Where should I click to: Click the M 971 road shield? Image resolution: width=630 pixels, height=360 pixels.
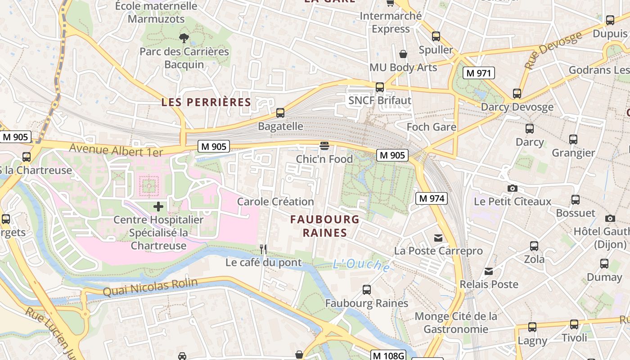coord(478,73)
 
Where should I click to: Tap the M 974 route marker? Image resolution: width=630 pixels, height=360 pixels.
coord(431,198)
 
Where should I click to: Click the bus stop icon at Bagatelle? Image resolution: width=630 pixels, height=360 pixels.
coord(280,113)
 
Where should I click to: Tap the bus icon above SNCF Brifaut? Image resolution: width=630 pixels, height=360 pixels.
coord(380,87)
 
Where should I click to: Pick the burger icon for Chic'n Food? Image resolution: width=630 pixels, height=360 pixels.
coord(324,146)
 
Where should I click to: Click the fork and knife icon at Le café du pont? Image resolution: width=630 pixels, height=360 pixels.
coord(264,248)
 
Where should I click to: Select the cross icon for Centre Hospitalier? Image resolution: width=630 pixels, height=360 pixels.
coord(158,207)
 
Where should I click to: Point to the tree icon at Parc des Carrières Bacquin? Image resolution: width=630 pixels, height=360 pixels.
coord(184,38)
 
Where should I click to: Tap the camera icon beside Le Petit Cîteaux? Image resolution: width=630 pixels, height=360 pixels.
coord(512,188)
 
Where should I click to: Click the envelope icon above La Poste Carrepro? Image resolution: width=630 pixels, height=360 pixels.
coord(438,238)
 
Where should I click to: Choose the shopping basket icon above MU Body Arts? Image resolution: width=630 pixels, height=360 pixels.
coord(403,54)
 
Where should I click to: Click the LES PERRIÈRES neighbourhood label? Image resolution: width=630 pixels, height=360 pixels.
coord(206,102)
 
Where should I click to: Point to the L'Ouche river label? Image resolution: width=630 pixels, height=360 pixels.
coord(361,265)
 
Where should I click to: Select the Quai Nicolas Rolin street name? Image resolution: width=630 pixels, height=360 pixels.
coord(150,287)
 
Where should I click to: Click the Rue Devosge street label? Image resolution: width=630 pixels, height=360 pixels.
coord(553,50)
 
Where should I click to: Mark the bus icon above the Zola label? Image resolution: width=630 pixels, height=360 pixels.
coord(534,246)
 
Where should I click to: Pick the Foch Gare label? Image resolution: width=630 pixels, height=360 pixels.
coord(431,127)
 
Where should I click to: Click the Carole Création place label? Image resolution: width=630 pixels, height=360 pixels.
coord(275,202)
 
